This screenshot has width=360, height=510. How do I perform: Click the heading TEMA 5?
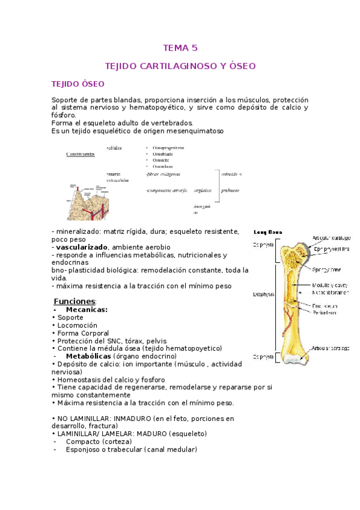tap(180, 48)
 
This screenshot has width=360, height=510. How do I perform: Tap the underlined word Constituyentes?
tap(80, 154)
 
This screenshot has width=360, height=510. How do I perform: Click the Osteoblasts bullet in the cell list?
tap(161, 154)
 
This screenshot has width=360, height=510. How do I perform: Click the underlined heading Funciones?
tap(75, 301)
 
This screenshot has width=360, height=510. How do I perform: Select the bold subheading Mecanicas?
tap(87, 310)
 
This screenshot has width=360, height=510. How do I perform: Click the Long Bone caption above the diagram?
tap(267, 232)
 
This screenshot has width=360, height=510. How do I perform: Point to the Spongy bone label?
tap(326, 270)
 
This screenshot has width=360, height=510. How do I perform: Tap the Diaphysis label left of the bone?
tap(264, 294)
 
